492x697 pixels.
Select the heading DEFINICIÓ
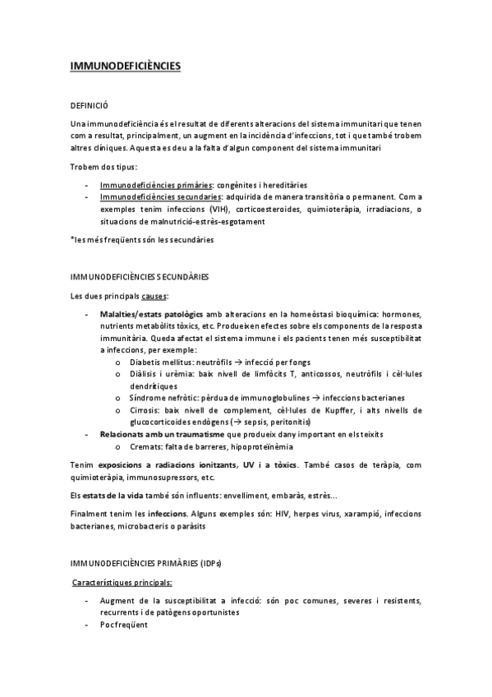[x=90, y=106]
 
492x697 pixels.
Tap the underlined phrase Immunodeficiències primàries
[x=153, y=186]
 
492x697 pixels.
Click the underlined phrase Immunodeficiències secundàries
[x=160, y=197]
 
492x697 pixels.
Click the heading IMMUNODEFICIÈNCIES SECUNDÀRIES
[x=140, y=277]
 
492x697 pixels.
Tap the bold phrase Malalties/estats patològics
[x=149, y=315]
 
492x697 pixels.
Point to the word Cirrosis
[x=145, y=409]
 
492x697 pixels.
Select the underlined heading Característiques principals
[x=122, y=582]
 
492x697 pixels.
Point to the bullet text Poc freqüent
[x=126, y=625]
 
